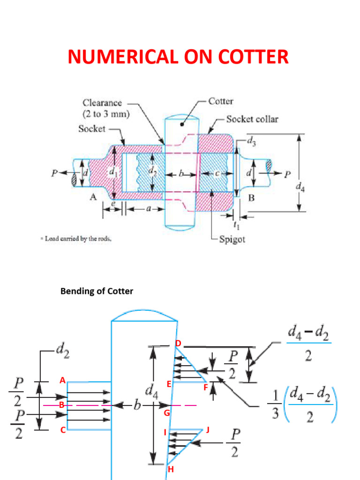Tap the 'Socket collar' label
pos(252,119)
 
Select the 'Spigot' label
pos(232,240)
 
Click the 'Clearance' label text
pos(102,103)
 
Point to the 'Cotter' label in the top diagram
pos(221,101)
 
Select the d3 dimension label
pos(251,139)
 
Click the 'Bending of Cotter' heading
pos(97,291)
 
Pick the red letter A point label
pos(62,381)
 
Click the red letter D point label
pos(178,344)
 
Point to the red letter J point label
pos(208,429)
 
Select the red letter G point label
pos(166,413)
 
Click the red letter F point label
pos(205,388)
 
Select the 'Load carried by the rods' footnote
pos(78,239)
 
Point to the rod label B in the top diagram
pos(251,199)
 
